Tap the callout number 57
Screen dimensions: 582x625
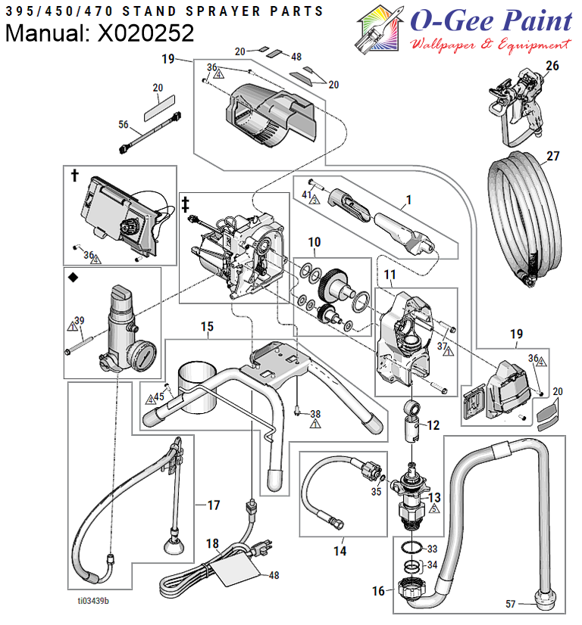point(511,604)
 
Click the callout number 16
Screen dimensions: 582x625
point(378,591)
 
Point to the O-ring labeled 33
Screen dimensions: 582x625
point(412,548)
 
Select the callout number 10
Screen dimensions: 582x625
point(314,242)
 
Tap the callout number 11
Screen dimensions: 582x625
point(390,274)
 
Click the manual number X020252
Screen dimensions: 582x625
point(145,33)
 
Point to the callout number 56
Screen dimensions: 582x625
point(123,125)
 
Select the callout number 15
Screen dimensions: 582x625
point(207,327)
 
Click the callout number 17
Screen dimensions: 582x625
point(214,505)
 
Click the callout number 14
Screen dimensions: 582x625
point(339,551)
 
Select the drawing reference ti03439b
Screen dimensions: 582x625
point(93,601)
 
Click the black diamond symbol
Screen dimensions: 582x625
point(73,277)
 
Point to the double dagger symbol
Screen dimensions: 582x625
point(185,204)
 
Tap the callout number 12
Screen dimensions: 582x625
point(433,425)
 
